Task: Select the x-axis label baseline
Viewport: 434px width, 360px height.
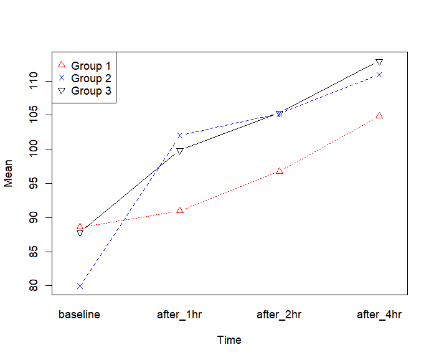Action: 79,315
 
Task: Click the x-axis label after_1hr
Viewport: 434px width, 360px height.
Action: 179,315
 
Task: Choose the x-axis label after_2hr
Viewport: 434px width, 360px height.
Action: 279,315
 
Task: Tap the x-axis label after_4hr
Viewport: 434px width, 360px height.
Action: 379,315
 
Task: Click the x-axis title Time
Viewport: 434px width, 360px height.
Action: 229,340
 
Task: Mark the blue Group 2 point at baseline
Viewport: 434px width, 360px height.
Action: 80,287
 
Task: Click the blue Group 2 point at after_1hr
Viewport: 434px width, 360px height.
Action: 180,135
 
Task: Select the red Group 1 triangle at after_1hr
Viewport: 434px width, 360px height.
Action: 180,211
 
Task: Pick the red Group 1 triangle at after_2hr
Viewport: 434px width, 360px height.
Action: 280,171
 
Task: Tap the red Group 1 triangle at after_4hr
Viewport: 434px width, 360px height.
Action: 379,115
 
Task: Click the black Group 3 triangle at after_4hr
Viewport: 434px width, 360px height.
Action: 379,62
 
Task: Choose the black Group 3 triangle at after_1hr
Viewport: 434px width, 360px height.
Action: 180,151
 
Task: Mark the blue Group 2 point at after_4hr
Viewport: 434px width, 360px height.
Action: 379,75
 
